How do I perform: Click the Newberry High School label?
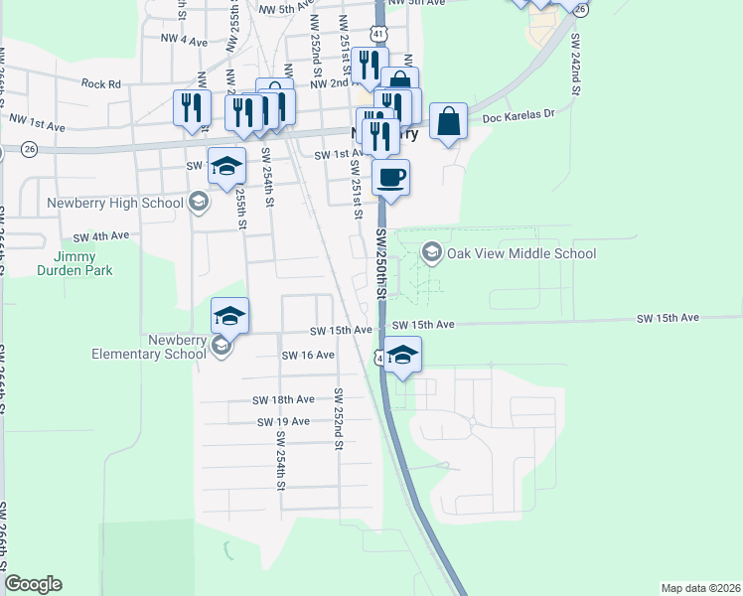115,204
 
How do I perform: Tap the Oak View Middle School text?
520,253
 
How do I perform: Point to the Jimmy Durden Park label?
75,263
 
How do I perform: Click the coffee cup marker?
390,178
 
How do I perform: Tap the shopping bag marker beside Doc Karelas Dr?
449,122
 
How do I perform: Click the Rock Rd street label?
101,84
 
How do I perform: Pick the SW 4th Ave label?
102,236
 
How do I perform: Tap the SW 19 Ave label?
284,421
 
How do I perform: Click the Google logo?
33,584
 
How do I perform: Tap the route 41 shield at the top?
381,33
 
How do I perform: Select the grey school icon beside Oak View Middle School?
431,253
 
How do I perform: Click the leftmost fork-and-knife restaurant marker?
192,108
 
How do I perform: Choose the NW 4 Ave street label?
184,41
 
